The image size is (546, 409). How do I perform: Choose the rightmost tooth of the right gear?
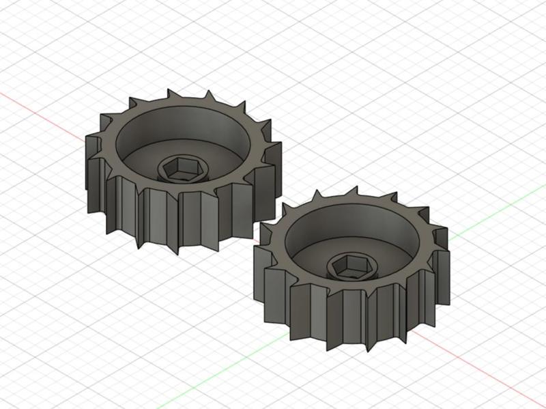coord(447,273)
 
